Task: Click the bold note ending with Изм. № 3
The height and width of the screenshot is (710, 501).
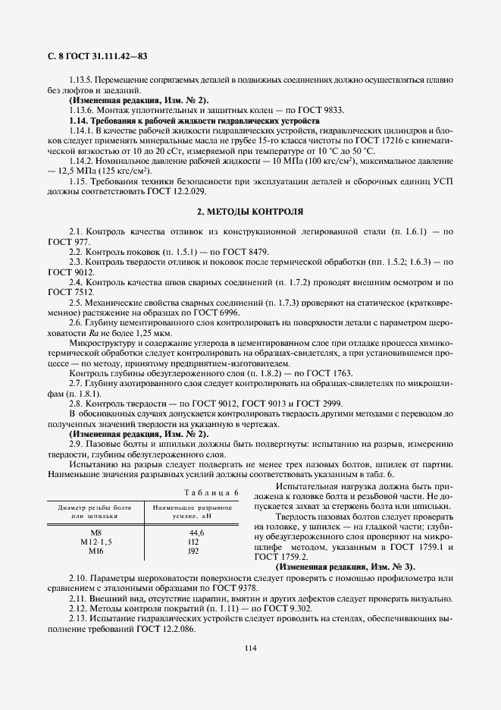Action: (346, 567)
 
